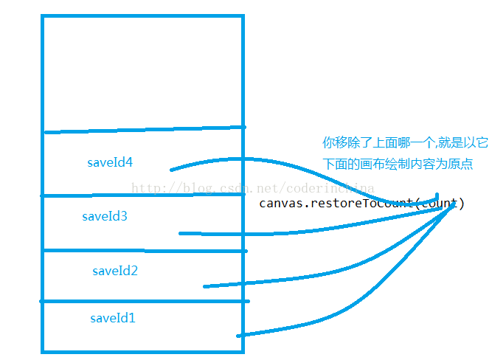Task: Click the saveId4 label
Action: point(108,162)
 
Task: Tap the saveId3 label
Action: point(105,217)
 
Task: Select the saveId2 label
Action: point(115,271)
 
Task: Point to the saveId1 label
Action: point(113,319)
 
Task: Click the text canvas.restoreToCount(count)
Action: point(361,203)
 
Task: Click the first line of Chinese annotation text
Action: point(405,142)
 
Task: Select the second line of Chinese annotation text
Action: point(397,163)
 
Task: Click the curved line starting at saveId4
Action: point(243,159)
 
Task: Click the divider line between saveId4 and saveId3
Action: point(111,195)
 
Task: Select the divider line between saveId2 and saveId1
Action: point(111,301)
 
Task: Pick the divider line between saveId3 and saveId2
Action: point(111,251)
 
